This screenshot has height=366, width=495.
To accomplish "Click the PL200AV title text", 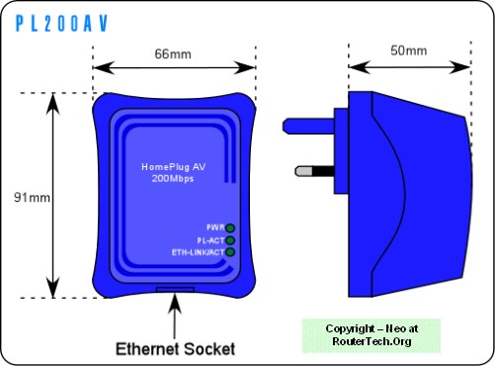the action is (61, 24).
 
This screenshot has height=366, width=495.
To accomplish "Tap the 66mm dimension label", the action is (173, 54).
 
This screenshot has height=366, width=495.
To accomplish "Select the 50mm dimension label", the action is (409, 50).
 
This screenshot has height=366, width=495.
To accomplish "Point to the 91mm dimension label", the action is (32, 198).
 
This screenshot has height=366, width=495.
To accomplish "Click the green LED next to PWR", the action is (230, 228).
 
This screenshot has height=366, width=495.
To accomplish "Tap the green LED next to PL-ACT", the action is (230, 240).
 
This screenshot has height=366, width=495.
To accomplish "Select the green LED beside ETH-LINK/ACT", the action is (230, 252).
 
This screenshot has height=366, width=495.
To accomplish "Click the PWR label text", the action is (215, 228).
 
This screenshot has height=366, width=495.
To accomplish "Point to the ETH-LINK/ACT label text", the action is (198, 252).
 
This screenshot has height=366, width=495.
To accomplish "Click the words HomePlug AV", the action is (174, 167).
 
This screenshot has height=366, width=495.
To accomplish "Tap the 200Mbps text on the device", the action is (173, 178).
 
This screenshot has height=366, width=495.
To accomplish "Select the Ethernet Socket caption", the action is (175, 349).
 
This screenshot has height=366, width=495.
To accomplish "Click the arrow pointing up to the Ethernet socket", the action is (175, 316).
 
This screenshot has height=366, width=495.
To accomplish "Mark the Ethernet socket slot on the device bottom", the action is (175, 289).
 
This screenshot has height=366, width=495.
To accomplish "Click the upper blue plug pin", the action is (308, 127).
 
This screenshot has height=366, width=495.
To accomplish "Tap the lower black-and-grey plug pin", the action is (315, 171).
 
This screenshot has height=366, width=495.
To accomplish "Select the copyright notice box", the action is (371, 335).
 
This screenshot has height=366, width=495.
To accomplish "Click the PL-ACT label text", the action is (210, 240).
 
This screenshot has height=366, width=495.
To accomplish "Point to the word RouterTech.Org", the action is (371, 341).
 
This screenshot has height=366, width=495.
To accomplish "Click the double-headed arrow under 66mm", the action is (174, 67).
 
